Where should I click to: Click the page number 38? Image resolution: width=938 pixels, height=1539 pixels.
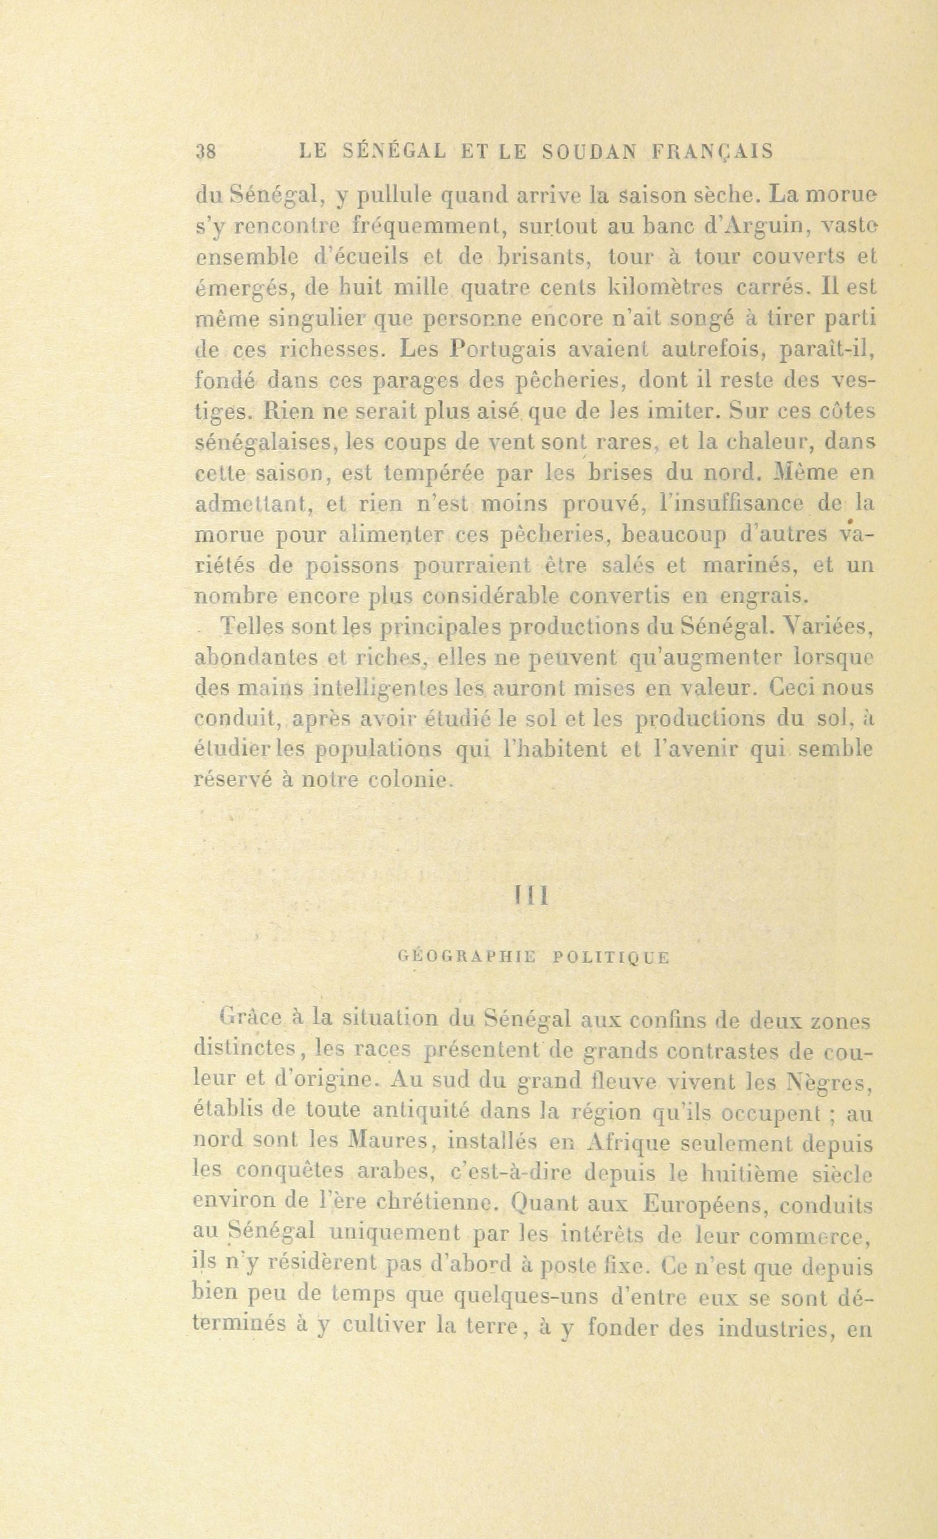[x=206, y=152]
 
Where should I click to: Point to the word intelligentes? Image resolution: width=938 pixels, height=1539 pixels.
[x=379, y=688]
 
